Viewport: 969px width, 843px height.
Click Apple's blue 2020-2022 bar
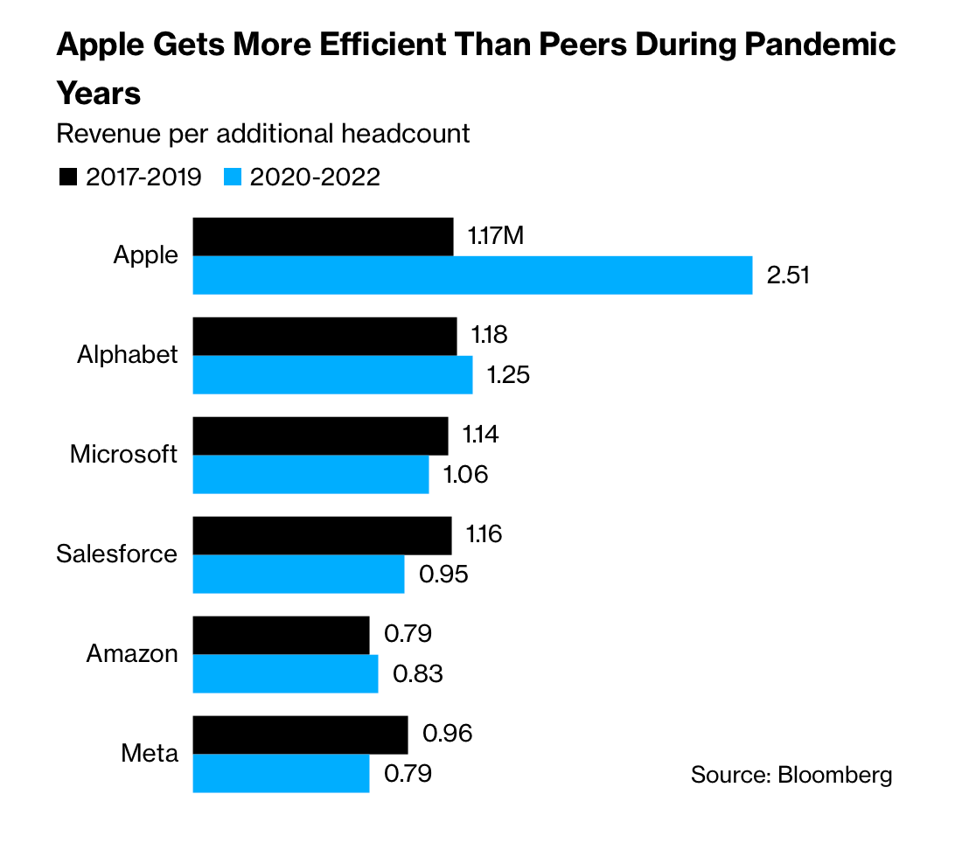[472, 275]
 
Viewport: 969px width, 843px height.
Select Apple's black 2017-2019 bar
[323, 237]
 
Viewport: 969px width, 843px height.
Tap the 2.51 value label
[789, 275]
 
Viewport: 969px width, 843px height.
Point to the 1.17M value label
[496, 236]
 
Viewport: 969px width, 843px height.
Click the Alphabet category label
[128, 355]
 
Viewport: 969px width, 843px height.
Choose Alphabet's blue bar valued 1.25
[332, 375]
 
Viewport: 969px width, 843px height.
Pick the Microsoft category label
[124, 455]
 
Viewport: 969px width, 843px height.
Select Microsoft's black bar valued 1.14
[320, 435]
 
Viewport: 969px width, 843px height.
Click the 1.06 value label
[465, 475]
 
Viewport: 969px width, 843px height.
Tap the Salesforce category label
[117, 554]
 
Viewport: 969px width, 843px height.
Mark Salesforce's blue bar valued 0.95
[298, 575]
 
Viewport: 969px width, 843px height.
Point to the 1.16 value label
[484, 534]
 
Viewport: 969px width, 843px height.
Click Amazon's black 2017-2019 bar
[281, 635]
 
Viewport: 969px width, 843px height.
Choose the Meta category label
[150, 754]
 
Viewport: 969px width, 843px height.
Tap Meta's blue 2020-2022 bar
[281, 774]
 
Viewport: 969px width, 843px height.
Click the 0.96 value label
[447, 733]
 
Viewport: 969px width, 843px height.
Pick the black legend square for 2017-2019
[67, 178]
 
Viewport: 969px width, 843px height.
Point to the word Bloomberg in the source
[835, 775]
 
